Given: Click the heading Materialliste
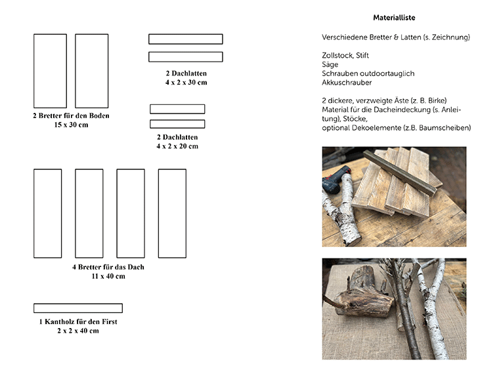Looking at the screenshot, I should tap(394, 18).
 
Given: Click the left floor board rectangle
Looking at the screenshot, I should tap(50, 71).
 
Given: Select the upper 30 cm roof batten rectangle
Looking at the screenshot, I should tap(185, 39).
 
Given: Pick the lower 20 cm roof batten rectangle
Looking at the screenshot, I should tap(177, 124).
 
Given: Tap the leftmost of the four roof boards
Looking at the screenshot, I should tap(47, 213).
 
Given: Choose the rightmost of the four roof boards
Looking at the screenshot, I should tap(172, 213).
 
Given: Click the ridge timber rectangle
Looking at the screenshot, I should tap(77, 308).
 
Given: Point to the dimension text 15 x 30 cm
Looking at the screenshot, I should tap(71, 125).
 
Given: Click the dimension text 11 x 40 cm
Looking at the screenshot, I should tap(108, 276).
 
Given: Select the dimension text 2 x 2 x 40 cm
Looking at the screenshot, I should tap(77, 331).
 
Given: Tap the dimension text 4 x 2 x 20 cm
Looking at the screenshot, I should tap(177, 146).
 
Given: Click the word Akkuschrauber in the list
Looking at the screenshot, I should tap(347, 83).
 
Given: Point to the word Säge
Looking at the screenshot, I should tap(330, 65).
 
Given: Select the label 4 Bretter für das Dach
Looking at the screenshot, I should tap(108, 267).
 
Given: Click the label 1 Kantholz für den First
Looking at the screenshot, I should tap(77, 322).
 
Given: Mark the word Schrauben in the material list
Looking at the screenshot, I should tap(339, 73).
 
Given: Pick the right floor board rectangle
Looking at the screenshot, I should tap(91, 71).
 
